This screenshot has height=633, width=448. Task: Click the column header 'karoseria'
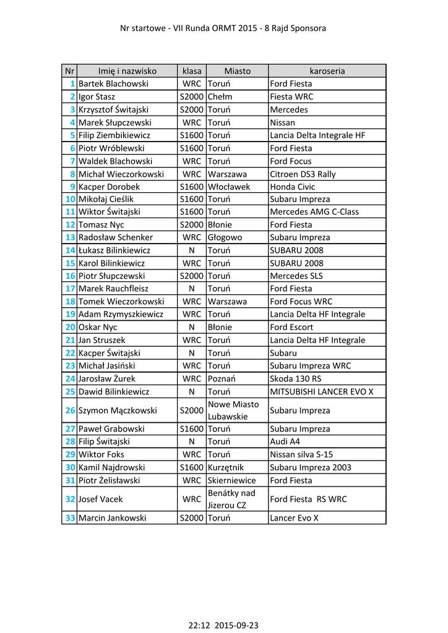pos(327,71)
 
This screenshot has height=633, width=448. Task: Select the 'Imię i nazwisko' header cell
pos(127,71)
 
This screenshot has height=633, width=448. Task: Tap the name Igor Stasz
pos(97,96)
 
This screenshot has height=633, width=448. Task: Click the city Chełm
pos(220,96)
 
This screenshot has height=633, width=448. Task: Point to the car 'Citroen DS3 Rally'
pos(303,174)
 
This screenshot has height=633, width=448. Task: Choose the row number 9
pos(72,187)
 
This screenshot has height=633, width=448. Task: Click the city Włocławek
pos(229,187)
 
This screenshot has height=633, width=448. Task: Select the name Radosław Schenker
pos(116,237)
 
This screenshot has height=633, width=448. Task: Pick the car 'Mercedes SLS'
pos(296,276)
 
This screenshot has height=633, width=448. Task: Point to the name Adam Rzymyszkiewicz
pos(121,314)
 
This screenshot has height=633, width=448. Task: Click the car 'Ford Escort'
pos(291,327)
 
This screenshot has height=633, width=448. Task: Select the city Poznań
pos(222,378)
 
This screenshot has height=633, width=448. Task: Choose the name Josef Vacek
pos(101,499)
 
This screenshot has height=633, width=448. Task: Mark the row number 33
pos(70,518)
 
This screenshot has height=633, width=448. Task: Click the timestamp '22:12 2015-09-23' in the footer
pos(223,625)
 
